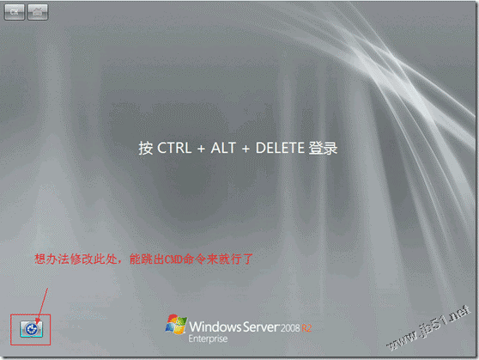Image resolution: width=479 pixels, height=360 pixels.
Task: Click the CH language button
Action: pos(15,12)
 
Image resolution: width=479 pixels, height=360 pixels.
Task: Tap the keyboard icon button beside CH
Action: pos(38,12)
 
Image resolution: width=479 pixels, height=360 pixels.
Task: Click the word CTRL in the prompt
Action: pos(174,148)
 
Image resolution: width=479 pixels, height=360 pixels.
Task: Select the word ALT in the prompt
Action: pos(223,148)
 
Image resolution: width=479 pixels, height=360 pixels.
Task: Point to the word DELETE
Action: pos(280,148)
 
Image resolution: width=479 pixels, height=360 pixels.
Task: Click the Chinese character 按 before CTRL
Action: pos(146,148)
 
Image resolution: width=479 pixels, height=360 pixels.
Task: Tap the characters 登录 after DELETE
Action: pos(323,148)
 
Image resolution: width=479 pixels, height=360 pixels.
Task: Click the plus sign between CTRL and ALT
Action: pos(201,149)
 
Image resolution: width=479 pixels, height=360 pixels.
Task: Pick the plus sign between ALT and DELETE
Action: pos(246,149)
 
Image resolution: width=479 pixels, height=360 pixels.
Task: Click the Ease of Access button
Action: pos(31,329)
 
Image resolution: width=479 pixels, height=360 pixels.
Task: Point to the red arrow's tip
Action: pos(36,324)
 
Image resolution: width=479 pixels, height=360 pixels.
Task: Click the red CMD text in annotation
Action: pos(173,259)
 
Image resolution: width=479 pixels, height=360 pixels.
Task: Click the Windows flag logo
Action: pos(176,324)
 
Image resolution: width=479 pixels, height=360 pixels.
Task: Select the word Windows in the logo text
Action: pos(215,326)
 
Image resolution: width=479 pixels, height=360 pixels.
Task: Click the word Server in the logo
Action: pos(261,327)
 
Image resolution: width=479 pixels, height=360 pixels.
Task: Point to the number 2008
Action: pos(290,328)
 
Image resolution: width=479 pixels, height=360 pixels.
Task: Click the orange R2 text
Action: pos(306,328)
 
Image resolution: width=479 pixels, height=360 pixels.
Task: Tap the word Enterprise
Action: pos(208,339)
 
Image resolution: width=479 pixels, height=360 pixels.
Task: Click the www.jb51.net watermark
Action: pos(428,328)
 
